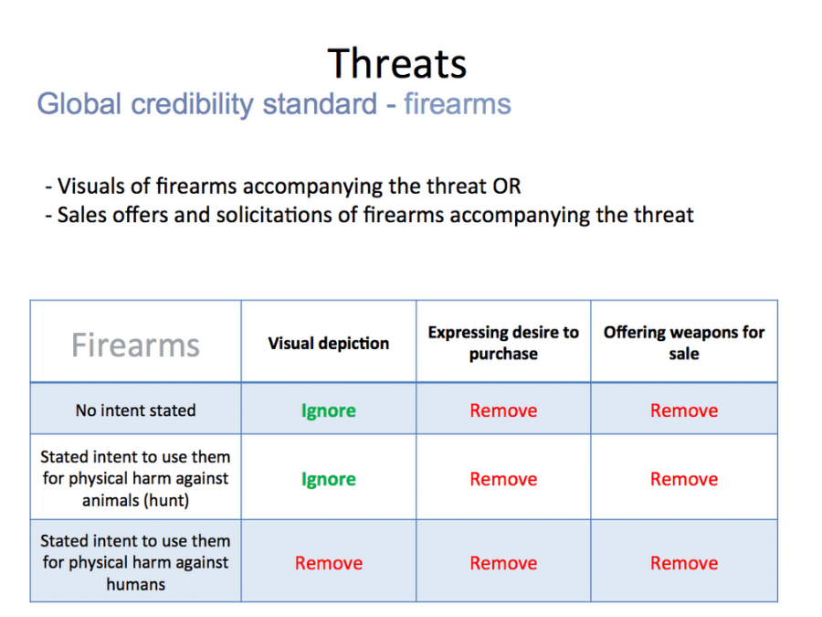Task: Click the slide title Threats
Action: (x=397, y=63)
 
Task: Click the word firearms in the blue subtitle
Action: (x=457, y=104)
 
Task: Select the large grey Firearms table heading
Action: (x=135, y=345)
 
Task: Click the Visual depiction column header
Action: (x=328, y=344)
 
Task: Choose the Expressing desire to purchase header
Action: (x=503, y=343)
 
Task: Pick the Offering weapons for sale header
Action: (x=683, y=343)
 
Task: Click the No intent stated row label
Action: (x=135, y=410)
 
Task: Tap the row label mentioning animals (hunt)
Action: (x=135, y=478)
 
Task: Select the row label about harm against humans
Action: (x=135, y=562)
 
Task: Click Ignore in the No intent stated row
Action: (x=328, y=410)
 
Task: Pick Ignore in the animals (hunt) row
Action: (x=328, y=479)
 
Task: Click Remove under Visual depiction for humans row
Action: (x=328, y=563)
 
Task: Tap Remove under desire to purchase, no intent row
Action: (x=503, y=410)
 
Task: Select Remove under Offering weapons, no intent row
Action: (x=683, y=410)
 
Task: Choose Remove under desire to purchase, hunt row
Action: (x=503, y=479)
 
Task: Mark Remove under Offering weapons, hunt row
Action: (x=683, y=479)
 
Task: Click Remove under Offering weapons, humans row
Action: (x=683, y=563)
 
